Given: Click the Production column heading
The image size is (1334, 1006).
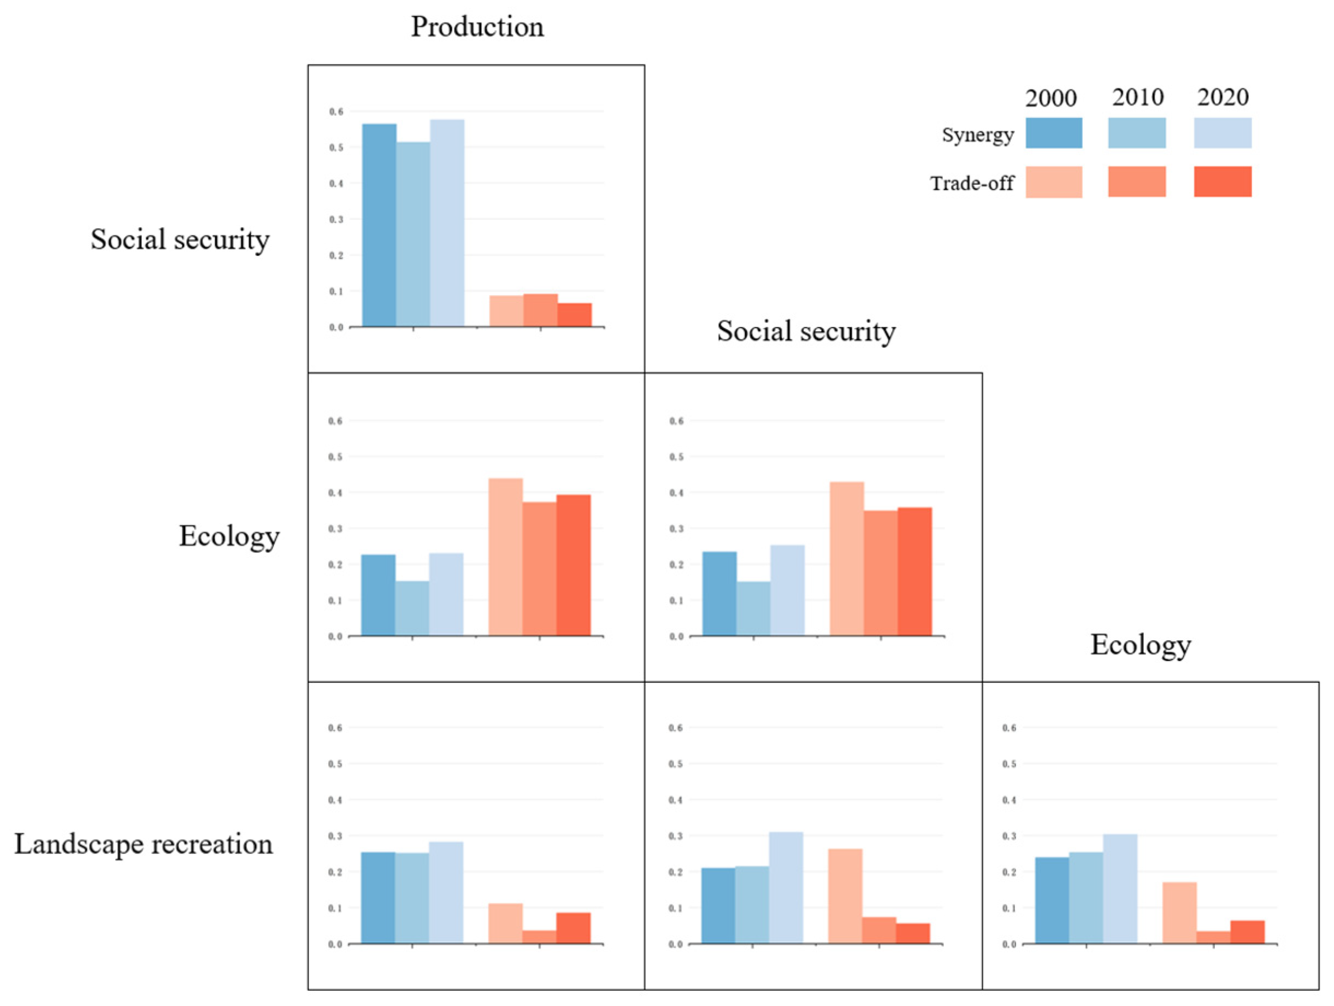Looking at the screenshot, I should [477, 27].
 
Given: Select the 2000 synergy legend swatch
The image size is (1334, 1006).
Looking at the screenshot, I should [1054, 133].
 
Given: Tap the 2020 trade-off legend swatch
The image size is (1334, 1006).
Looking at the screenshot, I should [1223, 182].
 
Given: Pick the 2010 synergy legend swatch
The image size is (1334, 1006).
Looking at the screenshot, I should [1137, 133].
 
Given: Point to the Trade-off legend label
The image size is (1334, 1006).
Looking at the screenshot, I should [972, 183].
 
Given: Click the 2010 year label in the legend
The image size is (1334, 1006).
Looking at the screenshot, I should [1137, 97].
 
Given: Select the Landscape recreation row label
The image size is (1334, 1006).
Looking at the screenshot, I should [144, 844].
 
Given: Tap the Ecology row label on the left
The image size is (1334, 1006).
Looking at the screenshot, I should [229, 536].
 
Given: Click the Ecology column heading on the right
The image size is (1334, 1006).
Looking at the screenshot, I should [1141, 645].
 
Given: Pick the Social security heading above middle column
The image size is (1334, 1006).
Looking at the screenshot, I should [806, 331].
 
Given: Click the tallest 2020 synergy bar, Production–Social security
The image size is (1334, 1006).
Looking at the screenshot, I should [447, 223].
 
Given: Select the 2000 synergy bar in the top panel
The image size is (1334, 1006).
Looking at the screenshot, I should [379, 225].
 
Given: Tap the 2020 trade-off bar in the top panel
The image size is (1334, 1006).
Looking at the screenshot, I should [574, 314].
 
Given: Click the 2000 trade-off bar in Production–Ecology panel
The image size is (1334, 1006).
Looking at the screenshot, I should [505, 557].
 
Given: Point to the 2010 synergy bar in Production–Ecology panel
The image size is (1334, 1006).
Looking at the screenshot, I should [412, 608].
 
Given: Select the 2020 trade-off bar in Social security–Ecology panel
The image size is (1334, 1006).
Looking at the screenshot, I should [914, 571].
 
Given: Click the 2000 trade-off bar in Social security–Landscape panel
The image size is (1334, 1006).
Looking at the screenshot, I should [845, 896].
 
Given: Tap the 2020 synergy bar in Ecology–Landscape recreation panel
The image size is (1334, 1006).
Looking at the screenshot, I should [1120, 888].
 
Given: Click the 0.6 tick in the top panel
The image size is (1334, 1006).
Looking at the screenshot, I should [336, 112].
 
